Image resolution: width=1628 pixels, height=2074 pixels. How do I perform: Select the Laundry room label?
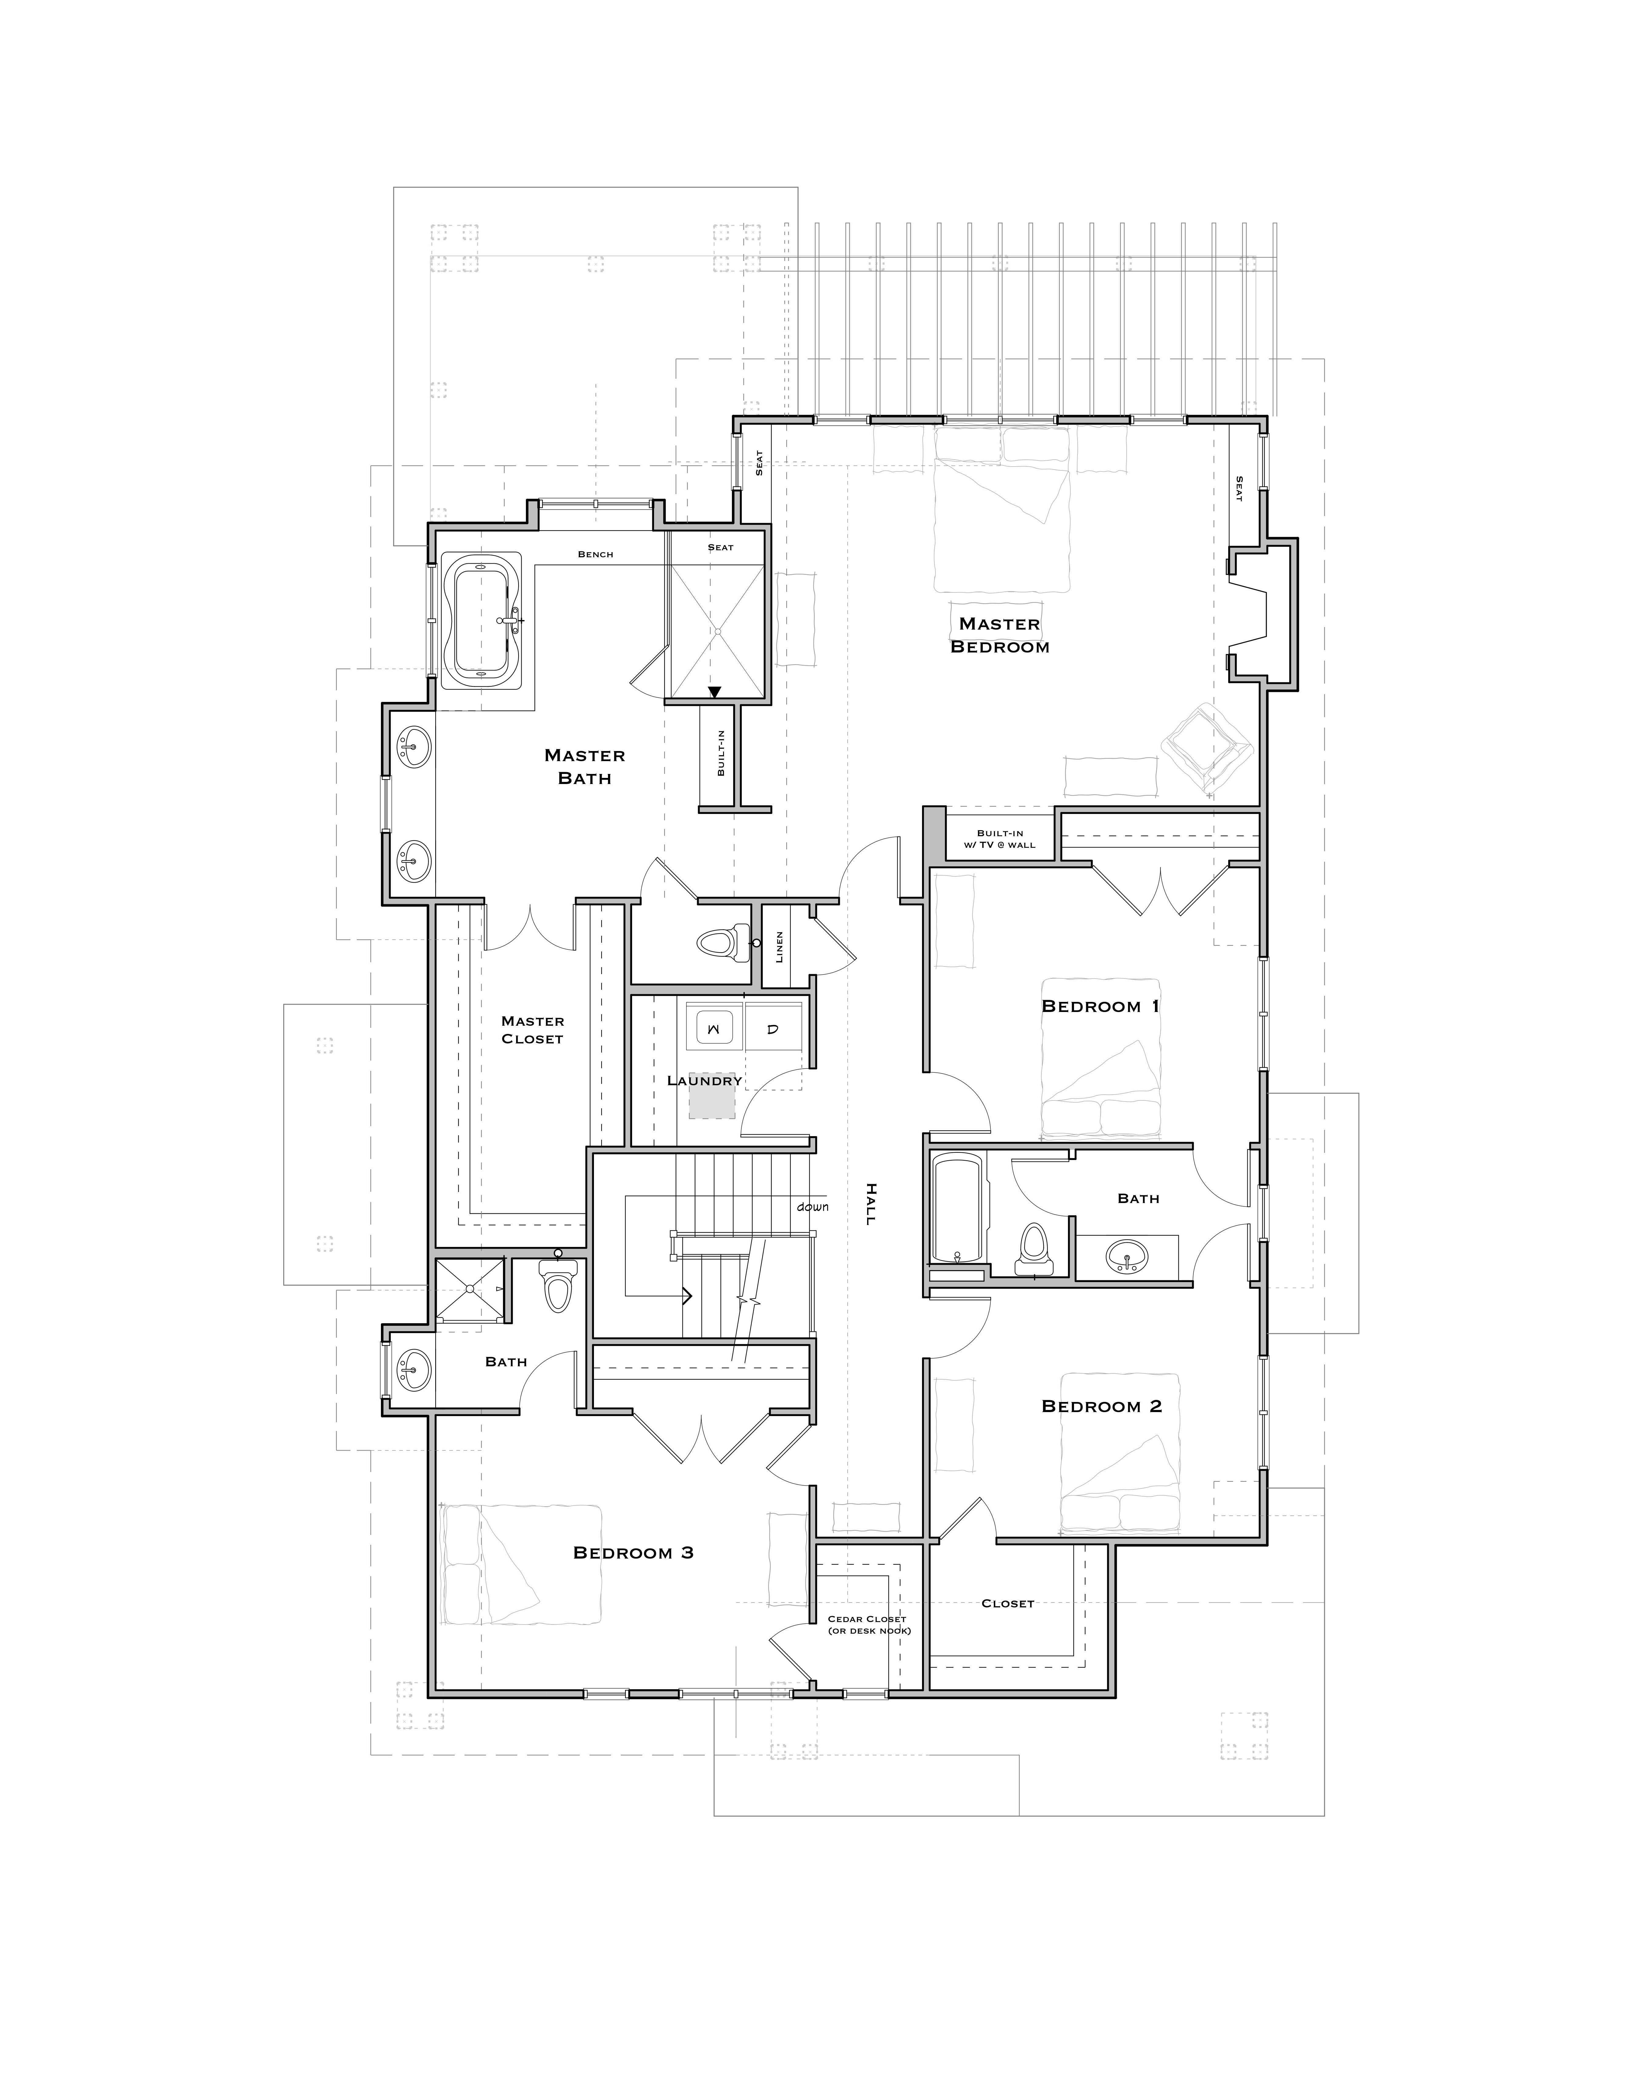704,1081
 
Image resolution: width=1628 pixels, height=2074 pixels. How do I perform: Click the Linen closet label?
780,946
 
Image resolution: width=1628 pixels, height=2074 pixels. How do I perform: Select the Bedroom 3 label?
633,1553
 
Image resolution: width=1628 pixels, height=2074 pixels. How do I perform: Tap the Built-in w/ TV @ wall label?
1000,839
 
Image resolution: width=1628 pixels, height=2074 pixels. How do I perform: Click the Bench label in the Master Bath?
596,555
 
